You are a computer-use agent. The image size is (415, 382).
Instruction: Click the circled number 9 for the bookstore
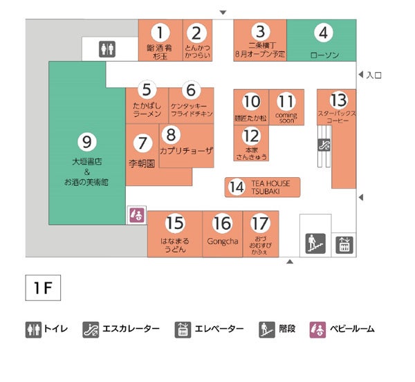(86, 141)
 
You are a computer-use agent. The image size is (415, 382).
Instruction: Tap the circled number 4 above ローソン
(322, 33)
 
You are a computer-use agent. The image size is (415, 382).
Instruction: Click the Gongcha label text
(222, 242)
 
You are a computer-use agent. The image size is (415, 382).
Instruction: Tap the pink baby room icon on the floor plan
(136, 215)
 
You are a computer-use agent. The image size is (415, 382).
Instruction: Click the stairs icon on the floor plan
(315, 244)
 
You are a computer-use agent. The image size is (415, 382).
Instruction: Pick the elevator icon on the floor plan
(344, 244)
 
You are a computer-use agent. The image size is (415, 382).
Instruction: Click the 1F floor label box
(44, 287)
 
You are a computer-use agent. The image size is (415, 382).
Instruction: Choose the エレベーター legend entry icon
(183, 329)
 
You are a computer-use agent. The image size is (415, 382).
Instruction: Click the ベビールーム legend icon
(317, 329)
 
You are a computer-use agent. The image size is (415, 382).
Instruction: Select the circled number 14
(237, 187)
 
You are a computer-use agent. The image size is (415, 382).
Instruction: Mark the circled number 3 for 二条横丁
(260, 31)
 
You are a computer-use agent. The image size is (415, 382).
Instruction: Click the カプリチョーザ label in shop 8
(186, 150)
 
